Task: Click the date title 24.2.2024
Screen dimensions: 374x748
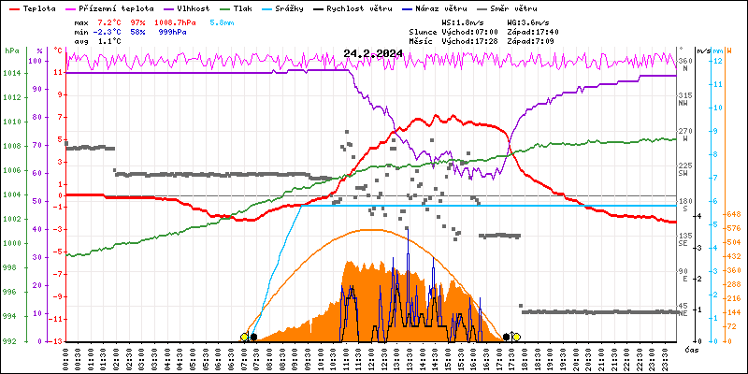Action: (x=373, y=54)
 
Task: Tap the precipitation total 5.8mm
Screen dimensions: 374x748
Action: (x=222, y=20)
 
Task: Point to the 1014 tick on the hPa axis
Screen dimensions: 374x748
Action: (x=12, y=73)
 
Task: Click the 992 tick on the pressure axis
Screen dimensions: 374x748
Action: (x=12, y=340)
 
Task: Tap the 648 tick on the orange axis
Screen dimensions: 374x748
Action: (x=736, y=214)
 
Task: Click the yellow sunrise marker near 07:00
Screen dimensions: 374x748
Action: (x=245, y=337)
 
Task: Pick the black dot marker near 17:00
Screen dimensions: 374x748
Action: (x=506, y=337)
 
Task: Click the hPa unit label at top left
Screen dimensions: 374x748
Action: (x=11, y=50)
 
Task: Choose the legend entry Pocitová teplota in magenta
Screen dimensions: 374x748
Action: (x=111, y=6)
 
